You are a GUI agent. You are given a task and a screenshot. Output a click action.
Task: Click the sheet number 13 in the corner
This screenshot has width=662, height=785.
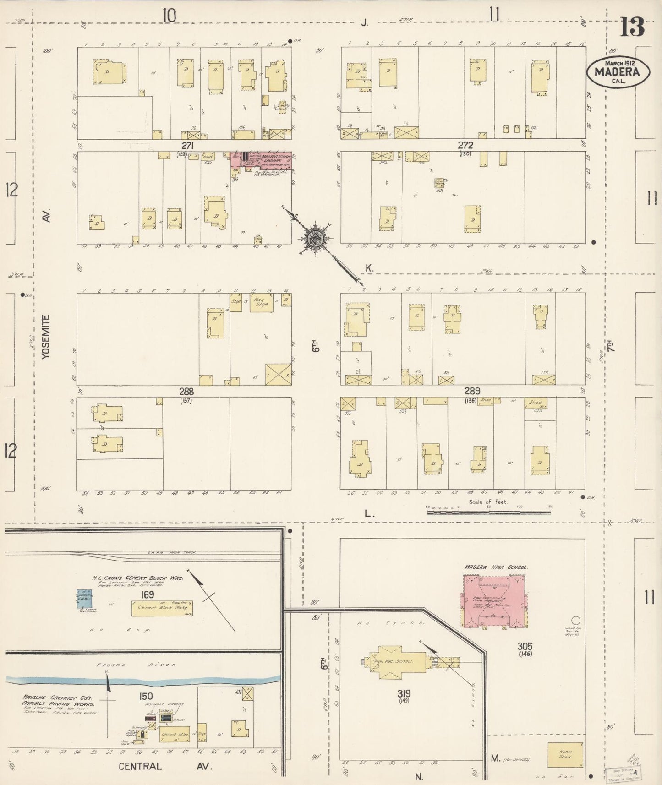pyautogui.click(x=633, y=27)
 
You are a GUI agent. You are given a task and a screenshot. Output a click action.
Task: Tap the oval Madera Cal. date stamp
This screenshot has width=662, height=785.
pyautogui.click(x=618, y=72)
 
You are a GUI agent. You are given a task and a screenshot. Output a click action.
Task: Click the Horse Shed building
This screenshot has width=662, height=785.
pyautogui.click(x=565, y=755)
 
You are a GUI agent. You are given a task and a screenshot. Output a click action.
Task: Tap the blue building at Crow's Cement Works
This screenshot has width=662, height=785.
pyautogui.click(x=84, y=599)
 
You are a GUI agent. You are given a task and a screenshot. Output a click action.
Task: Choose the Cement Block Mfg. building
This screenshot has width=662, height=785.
pyautogui.click(x=162, y=608)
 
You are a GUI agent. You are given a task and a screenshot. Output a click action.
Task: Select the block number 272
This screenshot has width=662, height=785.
pyautogui.click(x=465, y=146)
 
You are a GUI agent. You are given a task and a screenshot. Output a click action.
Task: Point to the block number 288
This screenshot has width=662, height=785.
pyautogui.click(x=186, y=392)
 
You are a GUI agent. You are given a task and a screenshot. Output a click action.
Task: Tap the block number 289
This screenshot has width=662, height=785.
pyautogui.click(x=472, y=391)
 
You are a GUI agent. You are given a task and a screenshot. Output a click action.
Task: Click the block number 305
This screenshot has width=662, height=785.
pyautogui.click(x=525, y=646)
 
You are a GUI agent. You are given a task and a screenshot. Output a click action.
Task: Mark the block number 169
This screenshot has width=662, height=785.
pyautogui.click(x=148, y=594)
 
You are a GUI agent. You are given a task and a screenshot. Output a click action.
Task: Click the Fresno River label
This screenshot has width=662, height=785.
pyautogui.click(x=136, y=665)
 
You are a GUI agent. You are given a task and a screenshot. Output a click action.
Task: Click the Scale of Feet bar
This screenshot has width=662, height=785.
pyautogui.click(x=488, y=512)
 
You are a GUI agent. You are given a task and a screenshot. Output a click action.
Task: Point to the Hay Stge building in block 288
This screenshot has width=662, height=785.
pyautogui.click(x=261, y=303)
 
